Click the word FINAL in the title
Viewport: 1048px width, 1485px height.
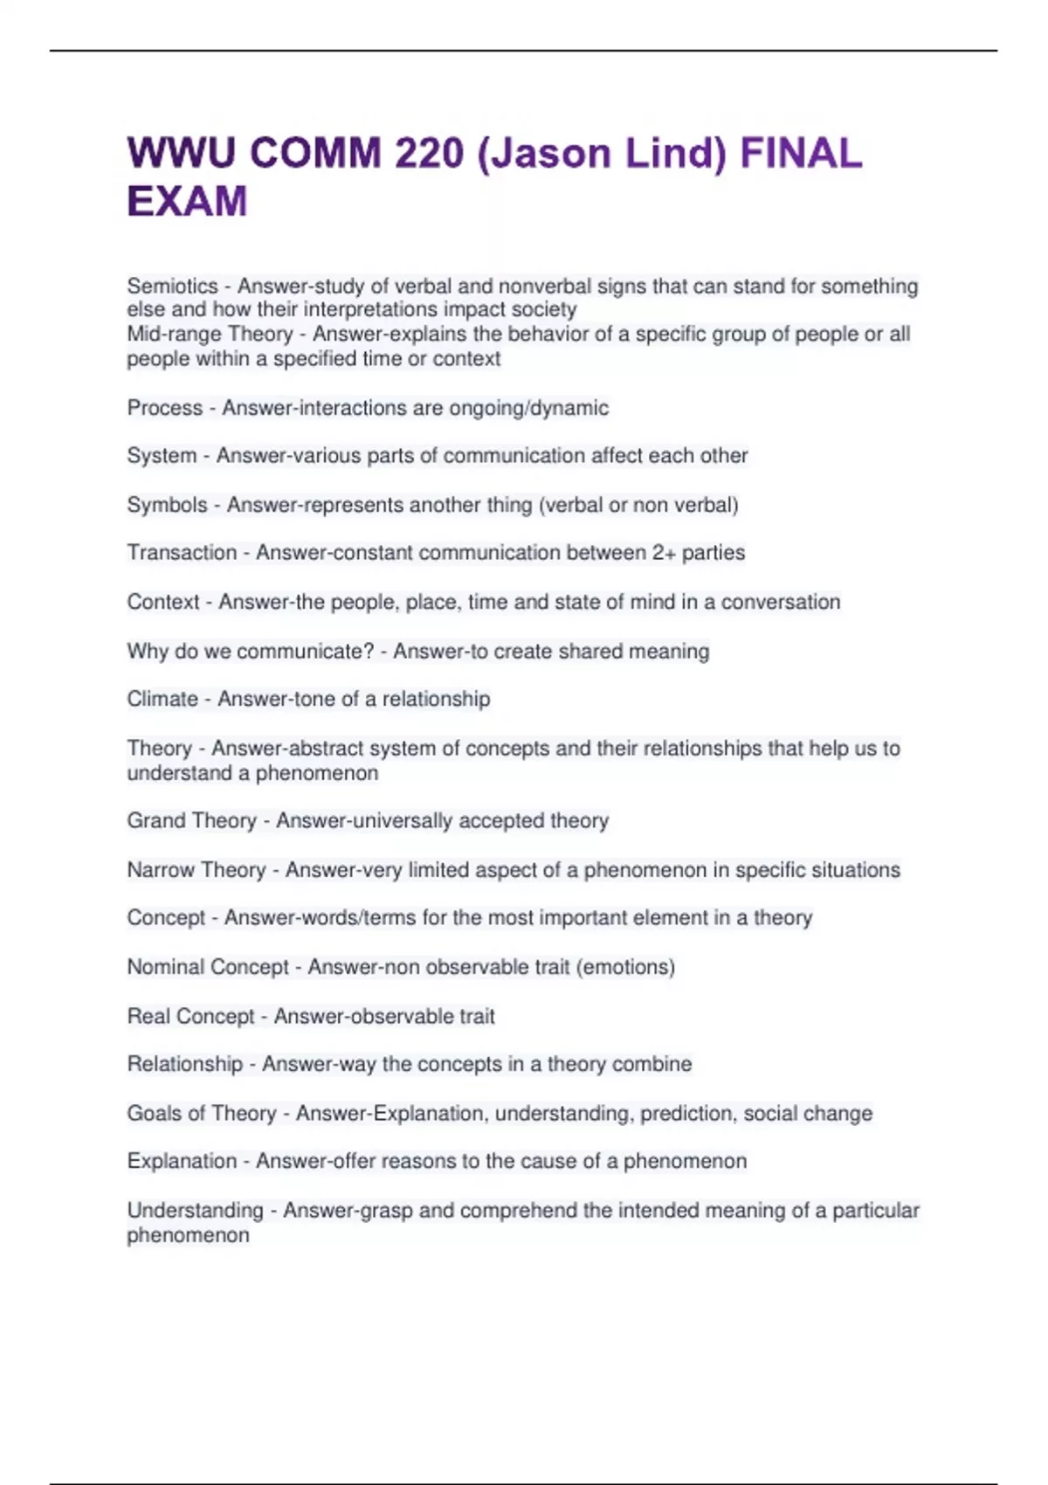pos(801,154)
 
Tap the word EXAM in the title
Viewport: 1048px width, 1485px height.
pos(187,202)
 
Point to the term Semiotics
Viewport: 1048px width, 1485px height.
pos(172,287)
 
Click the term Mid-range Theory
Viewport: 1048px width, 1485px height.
pos(210,335)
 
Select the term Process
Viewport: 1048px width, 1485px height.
pos(164,408)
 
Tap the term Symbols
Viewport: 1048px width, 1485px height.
pos(167,505)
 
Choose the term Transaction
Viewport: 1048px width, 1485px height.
pos(182,553)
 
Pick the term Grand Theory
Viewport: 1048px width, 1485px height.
pos(192,821)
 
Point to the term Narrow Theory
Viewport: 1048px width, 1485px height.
pos(196,870)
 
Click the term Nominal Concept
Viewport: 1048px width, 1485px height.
pos(208,967)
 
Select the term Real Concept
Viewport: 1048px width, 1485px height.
pos(190,1016)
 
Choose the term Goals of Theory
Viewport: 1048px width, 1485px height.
pos(202,1114)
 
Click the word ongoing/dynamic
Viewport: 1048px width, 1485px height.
pos(528,408)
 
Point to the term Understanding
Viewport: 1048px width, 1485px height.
pos(195,1211)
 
